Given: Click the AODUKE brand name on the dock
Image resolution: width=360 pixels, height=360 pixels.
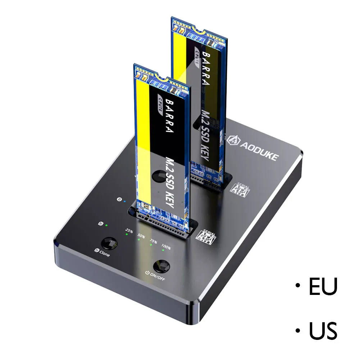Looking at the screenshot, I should tap(257, 150).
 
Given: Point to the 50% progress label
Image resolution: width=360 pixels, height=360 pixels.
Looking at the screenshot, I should tap(141, 236).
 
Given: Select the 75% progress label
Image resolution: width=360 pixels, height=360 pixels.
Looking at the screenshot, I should tap(154, 242).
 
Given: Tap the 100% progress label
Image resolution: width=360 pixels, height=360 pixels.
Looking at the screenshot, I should tap(166, 247).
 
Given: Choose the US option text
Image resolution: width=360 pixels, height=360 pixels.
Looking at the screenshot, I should tap(323, 331).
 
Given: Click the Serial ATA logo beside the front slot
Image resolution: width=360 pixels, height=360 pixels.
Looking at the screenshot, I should tap(206, 235).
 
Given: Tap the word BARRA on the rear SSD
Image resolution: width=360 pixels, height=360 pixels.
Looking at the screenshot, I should tap(205, 69).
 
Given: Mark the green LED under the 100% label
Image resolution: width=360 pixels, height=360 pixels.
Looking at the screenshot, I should tap(162, 253).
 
